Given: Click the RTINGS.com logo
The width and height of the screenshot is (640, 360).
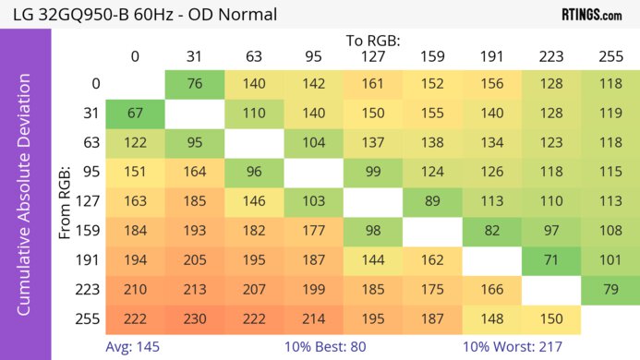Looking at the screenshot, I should [x=591, y=15].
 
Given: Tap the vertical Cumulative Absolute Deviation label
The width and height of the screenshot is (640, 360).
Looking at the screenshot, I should [x=25, y=201].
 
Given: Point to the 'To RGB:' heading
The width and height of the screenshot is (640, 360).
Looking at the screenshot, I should [x=373, y=41].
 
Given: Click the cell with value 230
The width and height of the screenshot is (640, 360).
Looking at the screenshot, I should [x=195, y=318].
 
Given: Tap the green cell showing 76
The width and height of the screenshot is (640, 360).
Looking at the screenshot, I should [x=195, y=83].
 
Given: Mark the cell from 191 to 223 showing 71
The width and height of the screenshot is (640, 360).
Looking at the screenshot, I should [x=551, y=259].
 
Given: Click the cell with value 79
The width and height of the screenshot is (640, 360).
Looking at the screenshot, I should [x=610, y=289].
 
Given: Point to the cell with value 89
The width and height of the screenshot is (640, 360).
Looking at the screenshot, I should [x=432, y=201].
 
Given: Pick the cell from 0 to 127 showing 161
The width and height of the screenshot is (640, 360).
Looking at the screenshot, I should [x=373, y=83].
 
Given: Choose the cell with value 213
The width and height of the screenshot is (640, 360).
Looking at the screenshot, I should [x=195, y=289].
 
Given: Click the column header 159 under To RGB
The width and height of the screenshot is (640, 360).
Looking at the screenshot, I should [x=432, y=57].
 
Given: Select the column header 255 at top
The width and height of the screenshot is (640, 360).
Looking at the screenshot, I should [x=610, y=57].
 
